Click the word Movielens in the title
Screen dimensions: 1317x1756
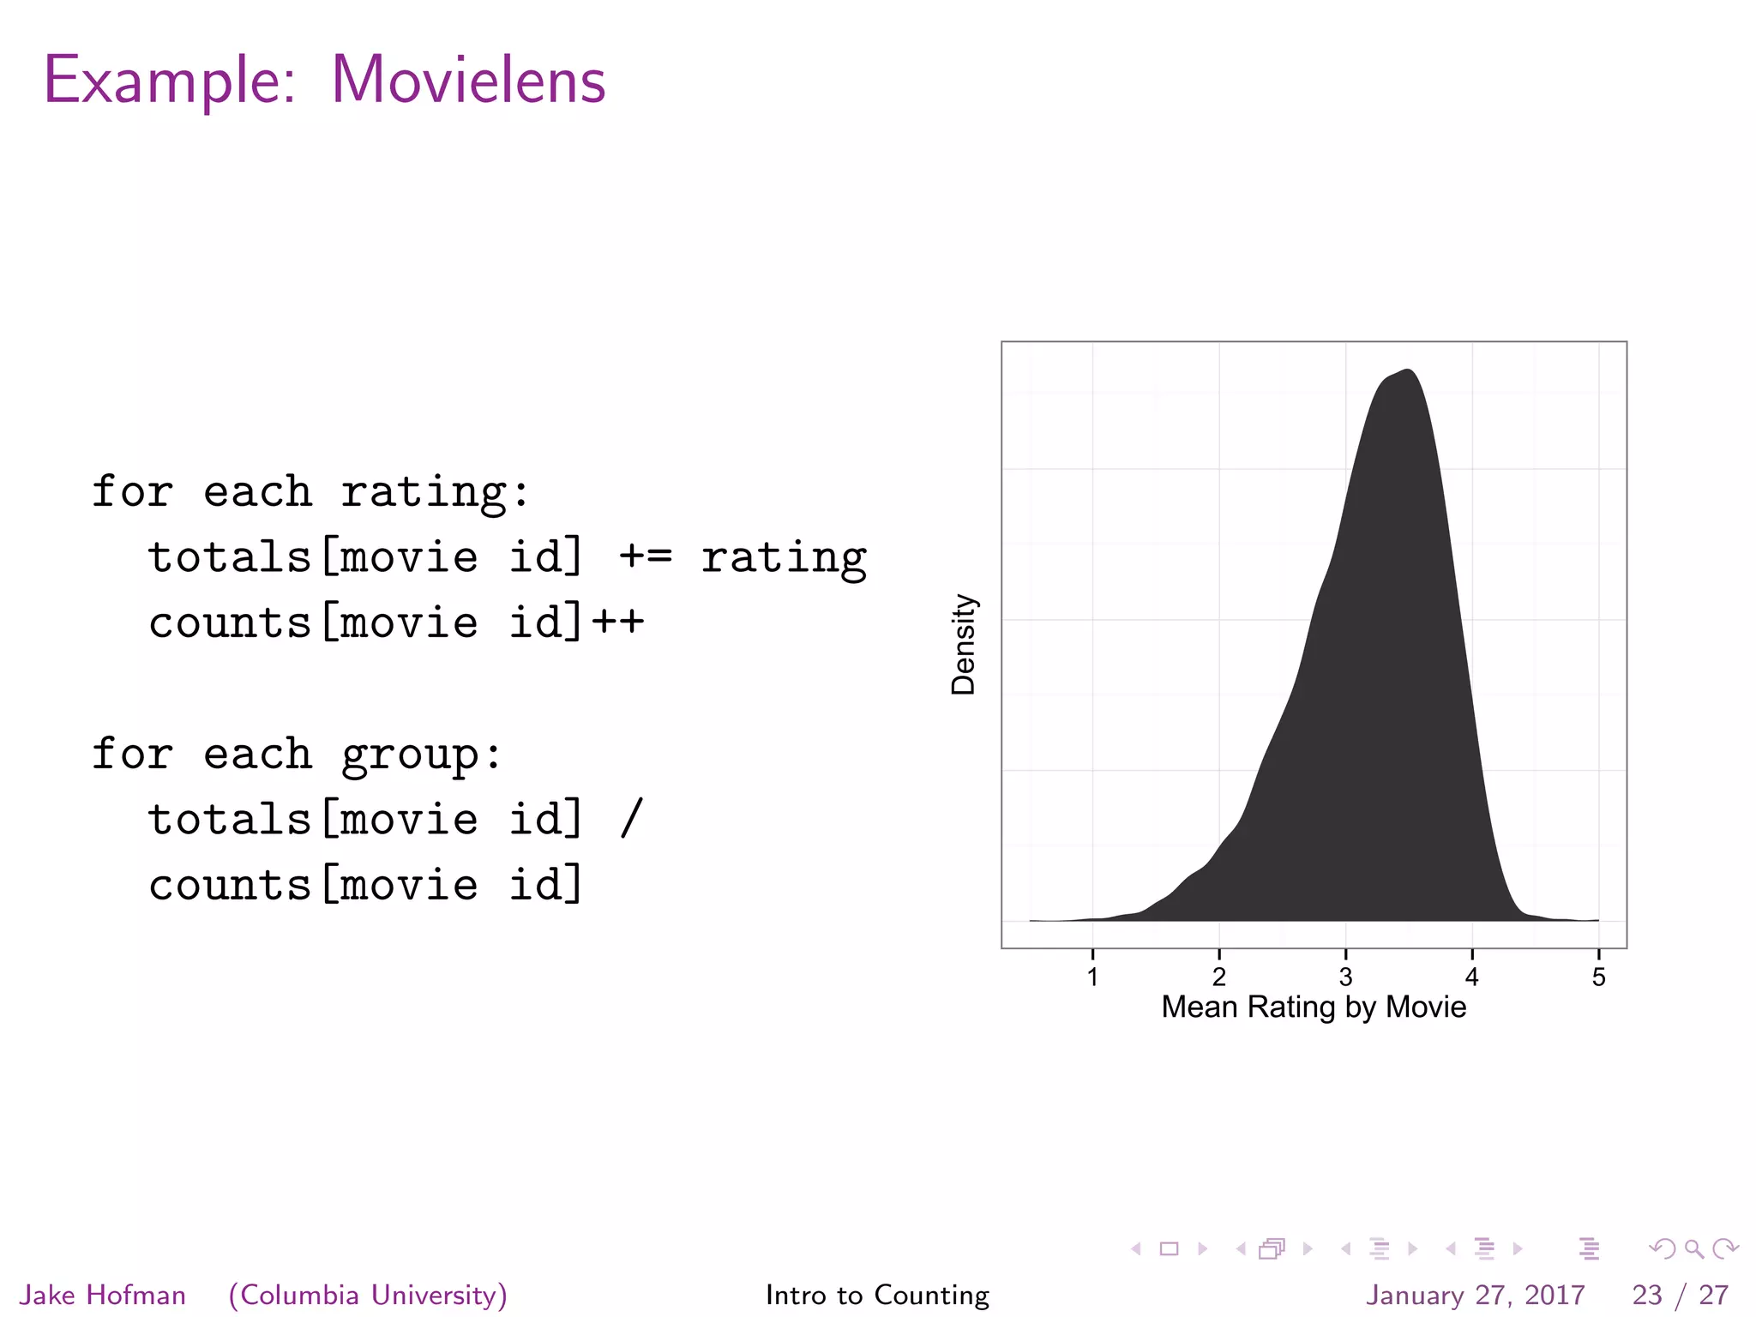click(468, 81)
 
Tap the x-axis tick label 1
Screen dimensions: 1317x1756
click(1092, 977)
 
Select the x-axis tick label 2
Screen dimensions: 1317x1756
click(1218, 977)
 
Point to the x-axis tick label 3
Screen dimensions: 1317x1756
click(1345, 977)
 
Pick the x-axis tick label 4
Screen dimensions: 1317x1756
click(1471, 977)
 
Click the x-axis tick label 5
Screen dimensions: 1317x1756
click(1598, 977)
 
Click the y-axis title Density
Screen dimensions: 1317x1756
click(964, 644)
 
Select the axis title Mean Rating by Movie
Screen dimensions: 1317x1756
click(1314, 1007)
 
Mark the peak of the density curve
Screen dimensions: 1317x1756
click(1407, 370)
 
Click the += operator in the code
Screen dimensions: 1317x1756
click(646, 557)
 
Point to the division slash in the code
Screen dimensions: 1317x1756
click(631, 819)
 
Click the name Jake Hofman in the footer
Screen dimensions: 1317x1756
click(103, 1295)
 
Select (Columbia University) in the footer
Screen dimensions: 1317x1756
click(368, 1295)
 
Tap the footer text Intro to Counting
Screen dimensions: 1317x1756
click(877, 1295)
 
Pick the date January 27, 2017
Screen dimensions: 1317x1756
click(1475, 1295)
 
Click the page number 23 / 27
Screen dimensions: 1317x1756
click(1680, 1295)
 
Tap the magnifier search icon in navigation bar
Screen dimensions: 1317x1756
click(1693, 1249)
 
